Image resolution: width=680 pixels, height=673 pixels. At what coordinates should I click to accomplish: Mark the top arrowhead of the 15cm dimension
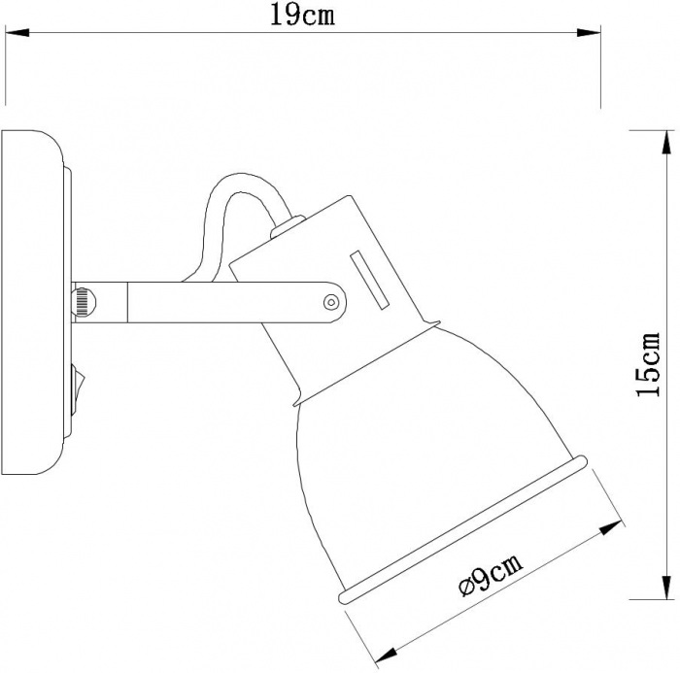665,144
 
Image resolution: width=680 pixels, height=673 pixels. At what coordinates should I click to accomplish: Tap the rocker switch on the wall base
78,381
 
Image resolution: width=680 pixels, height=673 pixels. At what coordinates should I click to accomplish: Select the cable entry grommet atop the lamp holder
283,229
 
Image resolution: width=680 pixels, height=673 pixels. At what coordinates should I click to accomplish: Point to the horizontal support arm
214,298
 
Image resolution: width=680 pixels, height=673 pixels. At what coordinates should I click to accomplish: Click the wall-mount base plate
33,301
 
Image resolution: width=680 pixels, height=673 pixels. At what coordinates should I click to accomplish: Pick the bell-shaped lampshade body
418,437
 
